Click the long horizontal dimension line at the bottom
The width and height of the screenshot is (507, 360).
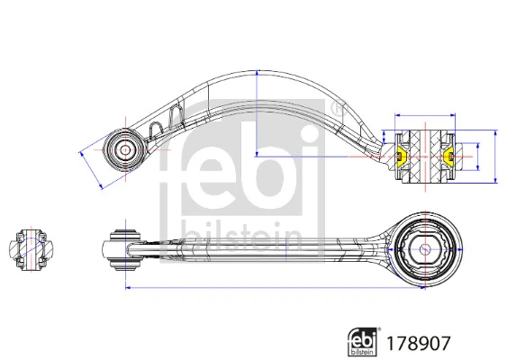pos(270,289)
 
